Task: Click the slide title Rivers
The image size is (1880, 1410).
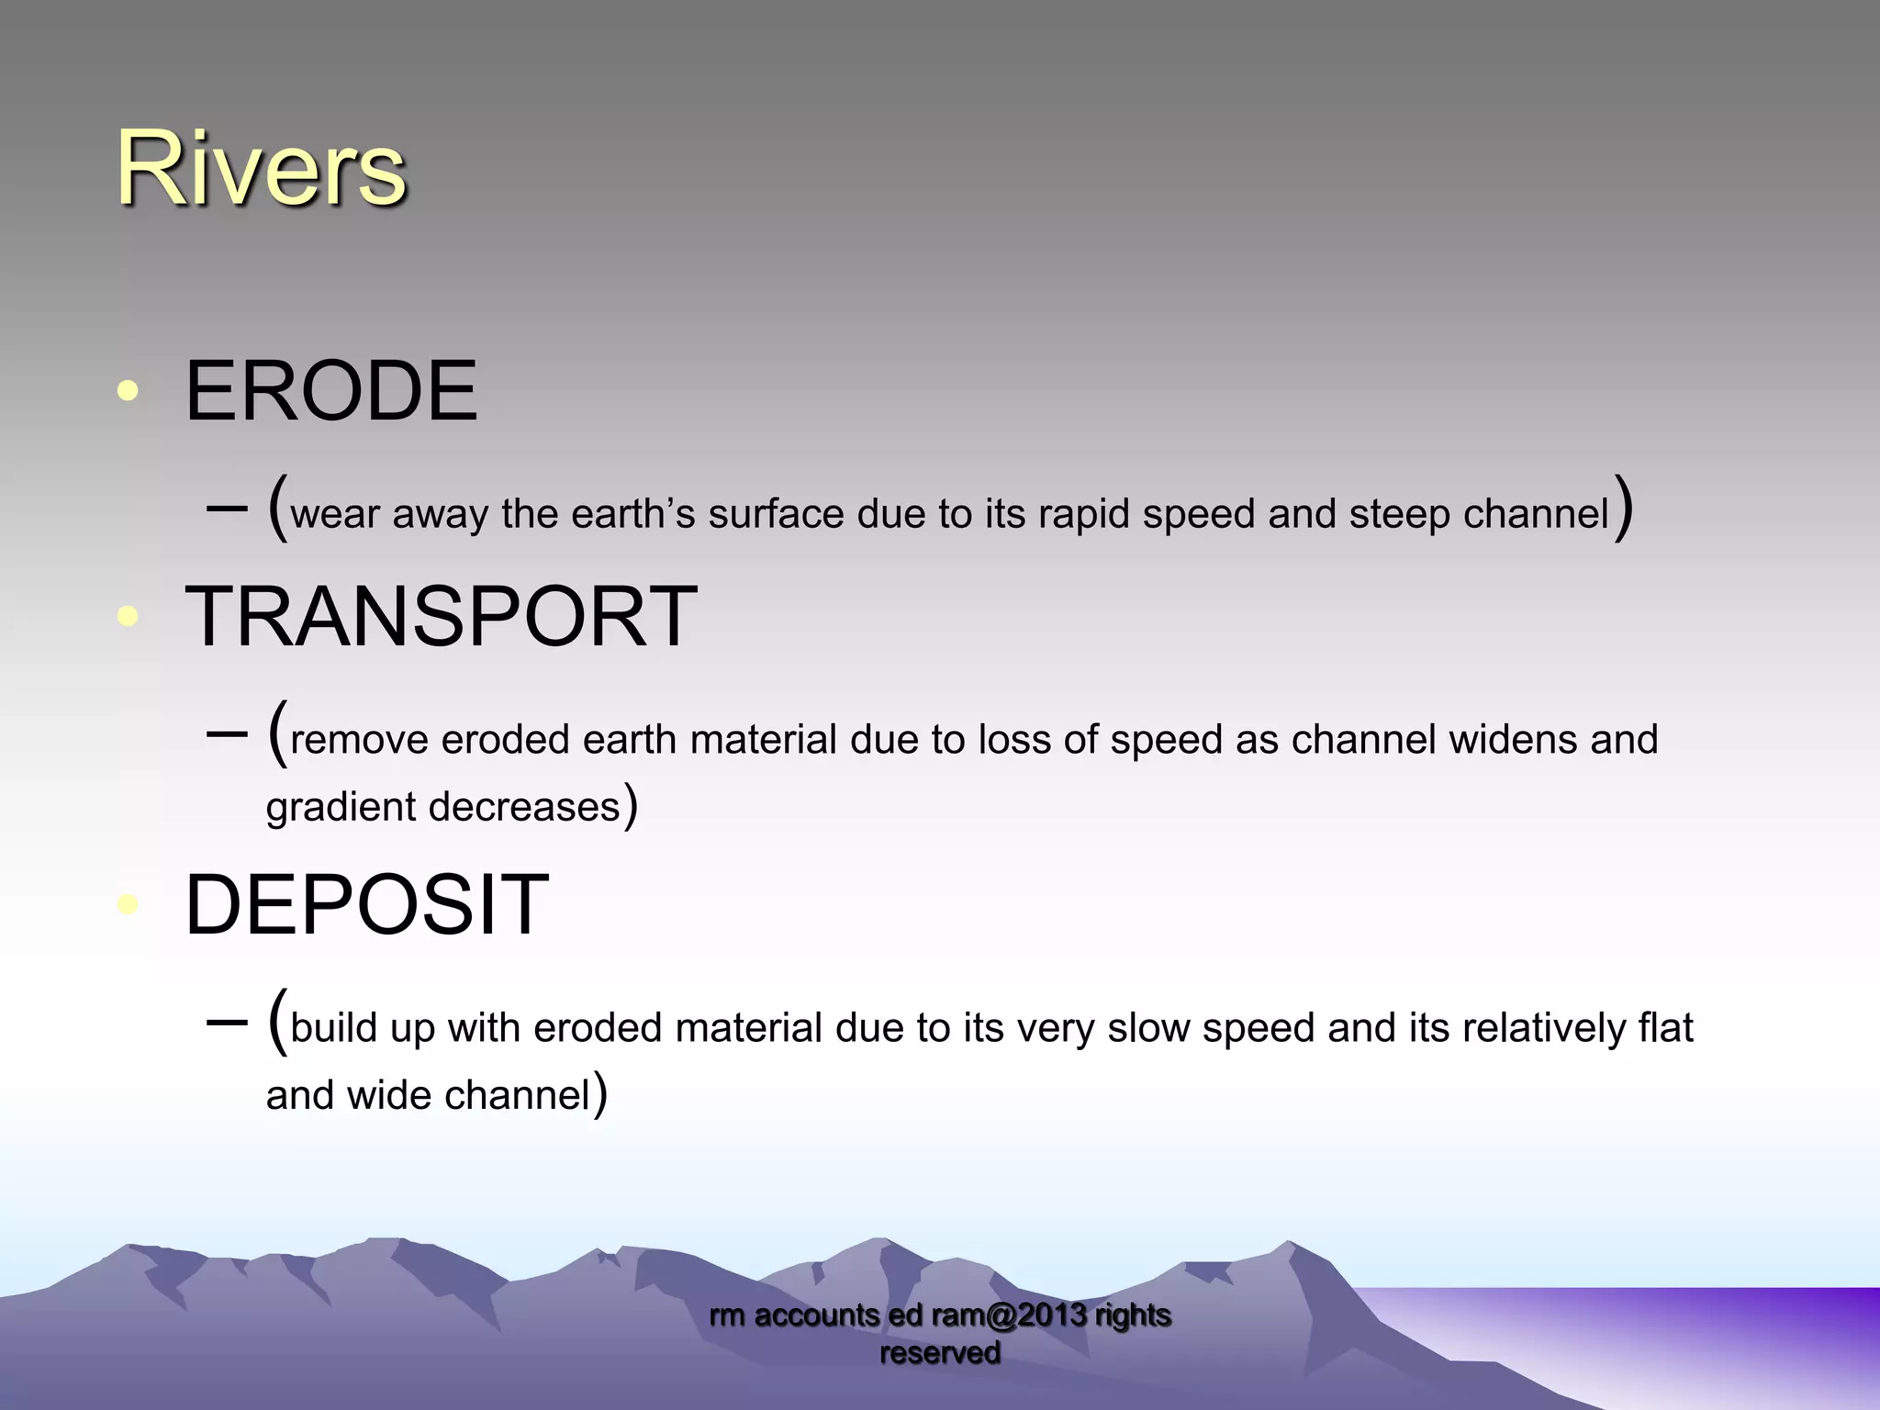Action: tap(261, 170)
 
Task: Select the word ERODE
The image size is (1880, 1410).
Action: tap(330, 392)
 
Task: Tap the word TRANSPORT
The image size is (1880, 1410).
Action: tap(441, 617)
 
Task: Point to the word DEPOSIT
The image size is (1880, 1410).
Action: tap(366, 906)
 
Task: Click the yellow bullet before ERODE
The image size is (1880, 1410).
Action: tap(128, 392)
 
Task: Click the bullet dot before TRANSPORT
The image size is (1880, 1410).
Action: tap(128, 616)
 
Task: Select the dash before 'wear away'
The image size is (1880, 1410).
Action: tap(228, 508)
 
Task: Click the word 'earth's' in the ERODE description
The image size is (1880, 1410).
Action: tap(633, 515)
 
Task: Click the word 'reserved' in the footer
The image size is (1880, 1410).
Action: tap(940, 1353)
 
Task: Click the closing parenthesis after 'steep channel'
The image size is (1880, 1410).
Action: tap(1624, 508)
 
